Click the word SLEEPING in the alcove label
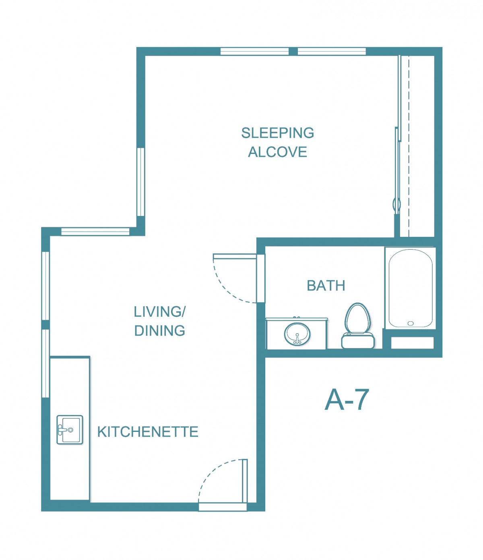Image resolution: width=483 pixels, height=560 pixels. [277, 133]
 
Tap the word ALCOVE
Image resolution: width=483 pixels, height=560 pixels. [277, 152]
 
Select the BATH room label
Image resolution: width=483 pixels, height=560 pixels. [326, 286]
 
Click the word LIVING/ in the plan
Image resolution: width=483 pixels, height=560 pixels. [160, 311]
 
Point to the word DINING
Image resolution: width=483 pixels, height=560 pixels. [160, 330]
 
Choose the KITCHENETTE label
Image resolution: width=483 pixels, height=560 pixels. [148, 432]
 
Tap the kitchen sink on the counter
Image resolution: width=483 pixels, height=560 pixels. [70, 430]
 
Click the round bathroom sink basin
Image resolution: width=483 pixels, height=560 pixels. [297, 334]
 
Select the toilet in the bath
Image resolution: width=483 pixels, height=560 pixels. [358, 326]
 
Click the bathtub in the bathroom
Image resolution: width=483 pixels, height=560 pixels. [411, 288]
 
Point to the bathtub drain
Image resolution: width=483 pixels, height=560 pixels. [411, 323]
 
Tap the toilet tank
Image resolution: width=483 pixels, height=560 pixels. [358, 341]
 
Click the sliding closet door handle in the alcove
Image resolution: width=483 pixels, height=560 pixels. [396, 205]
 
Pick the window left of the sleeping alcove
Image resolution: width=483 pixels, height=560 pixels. [140, 182]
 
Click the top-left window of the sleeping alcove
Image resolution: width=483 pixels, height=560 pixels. [254, 51]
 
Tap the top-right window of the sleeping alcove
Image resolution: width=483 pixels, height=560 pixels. [332, 51]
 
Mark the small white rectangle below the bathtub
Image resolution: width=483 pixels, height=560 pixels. [412, 343]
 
